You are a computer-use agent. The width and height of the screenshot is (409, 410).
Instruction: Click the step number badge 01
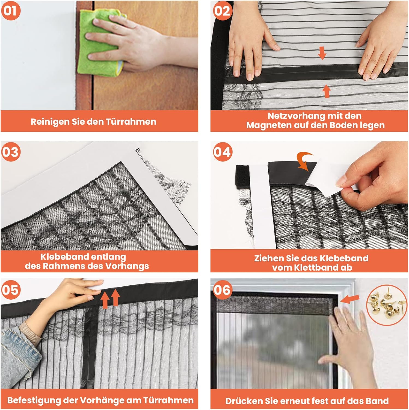click(x=10, y=11)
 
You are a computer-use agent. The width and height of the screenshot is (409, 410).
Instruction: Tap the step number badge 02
click(x=222, y=11)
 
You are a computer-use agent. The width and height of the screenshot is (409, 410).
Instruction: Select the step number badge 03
click(x=10, y=152)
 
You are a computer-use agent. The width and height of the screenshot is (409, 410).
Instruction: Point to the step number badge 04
click(x=222, y=152)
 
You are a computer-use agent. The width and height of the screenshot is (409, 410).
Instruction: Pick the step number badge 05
click(x=10, y=290)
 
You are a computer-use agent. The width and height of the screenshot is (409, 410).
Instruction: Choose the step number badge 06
click(x=222, y=290)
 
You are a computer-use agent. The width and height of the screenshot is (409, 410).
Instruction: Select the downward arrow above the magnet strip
click(x=322, y=53)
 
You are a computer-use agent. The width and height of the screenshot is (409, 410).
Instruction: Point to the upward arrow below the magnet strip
click(x=327, y=91)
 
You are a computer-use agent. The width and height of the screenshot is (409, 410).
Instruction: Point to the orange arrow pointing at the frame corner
click(x=350, y=299)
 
